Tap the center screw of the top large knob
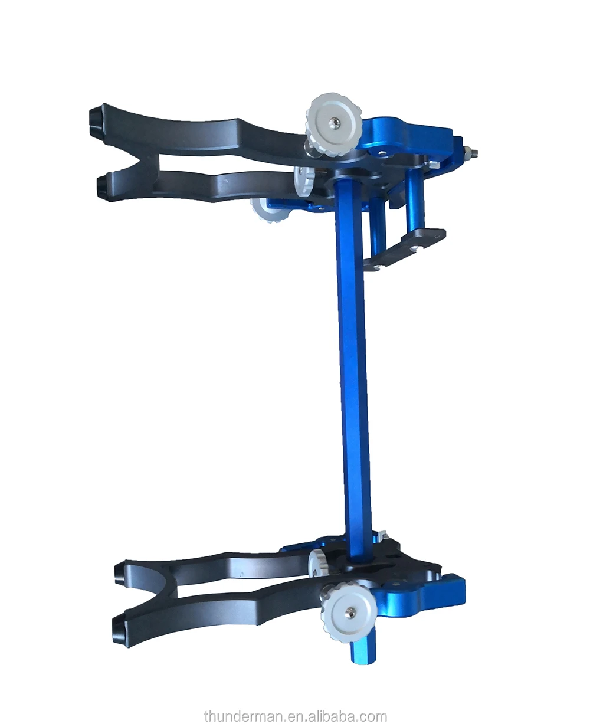tap(335, 122)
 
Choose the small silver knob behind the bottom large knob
tap(318, 562)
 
